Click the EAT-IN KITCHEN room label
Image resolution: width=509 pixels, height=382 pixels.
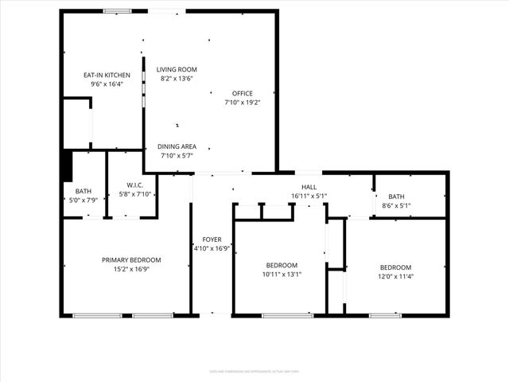tap(107, 75)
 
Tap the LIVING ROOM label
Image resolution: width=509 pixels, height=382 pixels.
tap(177, 69)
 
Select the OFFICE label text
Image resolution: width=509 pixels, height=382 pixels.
tap(242, 93)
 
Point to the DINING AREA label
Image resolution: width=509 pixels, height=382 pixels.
tap(177, 146)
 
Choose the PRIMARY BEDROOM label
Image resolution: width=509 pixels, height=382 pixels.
tap(131, 259)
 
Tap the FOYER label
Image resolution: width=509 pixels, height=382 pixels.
tap(212, 239)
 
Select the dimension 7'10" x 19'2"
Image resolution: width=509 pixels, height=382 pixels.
tap(242, 102)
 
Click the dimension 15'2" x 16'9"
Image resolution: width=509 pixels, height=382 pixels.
tap(131, 269)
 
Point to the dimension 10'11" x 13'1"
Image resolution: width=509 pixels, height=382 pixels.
tap(282, 275)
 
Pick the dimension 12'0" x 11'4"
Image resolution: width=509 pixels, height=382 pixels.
tap(395, 276)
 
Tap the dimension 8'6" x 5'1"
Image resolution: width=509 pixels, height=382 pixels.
tap(395, 206)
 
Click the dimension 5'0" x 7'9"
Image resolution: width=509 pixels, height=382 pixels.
tap(84, 201)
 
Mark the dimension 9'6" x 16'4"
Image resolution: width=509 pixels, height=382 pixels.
tap(107, 84)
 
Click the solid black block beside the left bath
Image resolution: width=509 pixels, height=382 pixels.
tap(68, 166)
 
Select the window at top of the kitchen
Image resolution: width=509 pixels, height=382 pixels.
tap(118, 10)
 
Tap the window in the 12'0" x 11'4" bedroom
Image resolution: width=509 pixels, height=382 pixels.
tap(385, 315)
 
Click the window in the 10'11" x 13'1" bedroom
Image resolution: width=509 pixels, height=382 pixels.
tap(287, 315)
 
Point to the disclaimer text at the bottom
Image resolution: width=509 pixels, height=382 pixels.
tap(254, 370)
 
